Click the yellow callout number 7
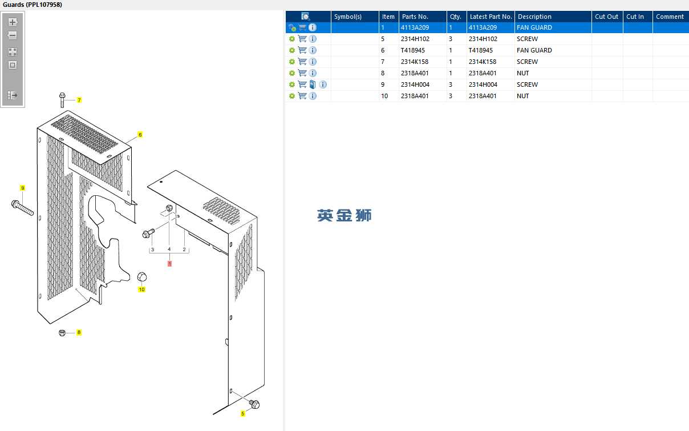coord(79,100)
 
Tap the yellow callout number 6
coord(140,135)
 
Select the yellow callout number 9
coord(23,188)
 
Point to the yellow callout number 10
coord(141,289)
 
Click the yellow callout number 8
coord(79,332)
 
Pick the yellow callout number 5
coord(242,413)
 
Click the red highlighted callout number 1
coord(169,264)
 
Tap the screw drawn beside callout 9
coord(22,208)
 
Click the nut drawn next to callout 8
coord(62,332)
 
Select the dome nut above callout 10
coord(142,277)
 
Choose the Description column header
coord(534,17)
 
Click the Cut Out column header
coord(606,17)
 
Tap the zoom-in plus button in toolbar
coord(13,22)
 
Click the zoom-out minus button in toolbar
coord(13,35)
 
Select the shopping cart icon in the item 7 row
coord(302,62)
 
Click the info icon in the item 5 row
coord(313,39)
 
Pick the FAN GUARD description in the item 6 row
coord(534,50)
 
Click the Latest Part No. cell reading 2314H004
coord(483,84)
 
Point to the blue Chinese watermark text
coord(344,215)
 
